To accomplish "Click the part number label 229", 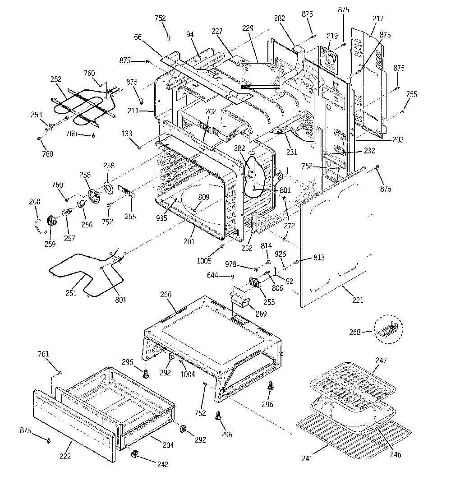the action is click(248, 28).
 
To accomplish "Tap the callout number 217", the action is click(378, 18).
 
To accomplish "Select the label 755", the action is click(412, 94).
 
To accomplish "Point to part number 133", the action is click(127, 134).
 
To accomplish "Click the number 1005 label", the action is click(204, 261).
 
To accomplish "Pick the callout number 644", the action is click(212, 276).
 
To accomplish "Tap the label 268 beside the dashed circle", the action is click(355, 332).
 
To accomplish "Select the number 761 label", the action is click(43, 354).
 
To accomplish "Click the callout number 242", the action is click(163, 464).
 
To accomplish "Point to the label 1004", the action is click(188, 374).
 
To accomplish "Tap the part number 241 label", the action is click(307, 458).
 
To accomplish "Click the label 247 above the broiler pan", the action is click(381, 361).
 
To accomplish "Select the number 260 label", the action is click(35, 202).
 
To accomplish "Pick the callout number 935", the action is click(161, 218).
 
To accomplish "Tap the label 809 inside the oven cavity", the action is click(203, 197).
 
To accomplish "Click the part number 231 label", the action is click(291, 152).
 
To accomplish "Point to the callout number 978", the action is click(231, 264).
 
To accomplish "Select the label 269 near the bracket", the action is click(261, 314).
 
